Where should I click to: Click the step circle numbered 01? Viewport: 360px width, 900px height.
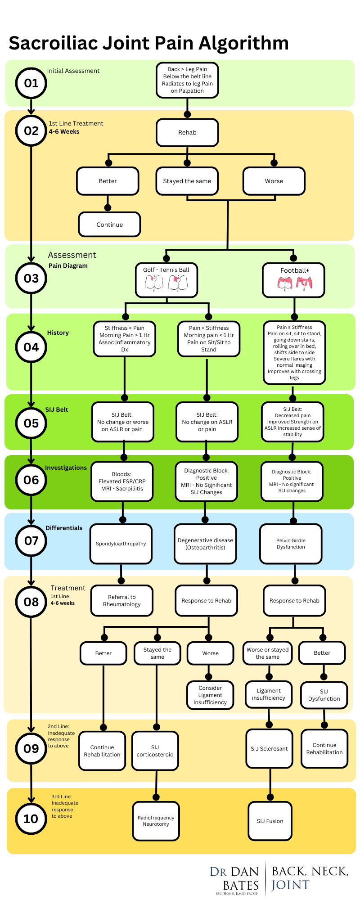(31, 83)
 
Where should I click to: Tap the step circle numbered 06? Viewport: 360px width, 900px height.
(31, 480)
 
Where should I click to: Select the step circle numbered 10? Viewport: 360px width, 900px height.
(31, 819)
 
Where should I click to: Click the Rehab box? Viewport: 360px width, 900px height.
(187, 132)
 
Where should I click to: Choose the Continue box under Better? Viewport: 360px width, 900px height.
(109, 225)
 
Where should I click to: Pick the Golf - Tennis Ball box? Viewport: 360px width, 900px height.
(166, 280)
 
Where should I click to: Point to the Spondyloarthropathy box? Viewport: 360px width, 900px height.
(121, 544)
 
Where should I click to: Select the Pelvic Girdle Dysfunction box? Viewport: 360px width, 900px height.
(291, 544)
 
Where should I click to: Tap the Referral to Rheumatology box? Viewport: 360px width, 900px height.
(121, 601)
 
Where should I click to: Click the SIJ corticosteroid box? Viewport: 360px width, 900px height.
(155, 751)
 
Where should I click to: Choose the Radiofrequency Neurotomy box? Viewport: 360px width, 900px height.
(156, 821)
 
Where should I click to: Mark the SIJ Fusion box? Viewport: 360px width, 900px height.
(270, 821)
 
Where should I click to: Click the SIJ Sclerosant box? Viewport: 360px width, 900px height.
(269, 749)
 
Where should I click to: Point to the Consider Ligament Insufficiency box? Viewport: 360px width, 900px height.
(210, 695)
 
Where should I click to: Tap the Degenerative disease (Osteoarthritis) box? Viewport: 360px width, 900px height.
(205, 544)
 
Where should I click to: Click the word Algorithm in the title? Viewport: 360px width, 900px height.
(243, 44)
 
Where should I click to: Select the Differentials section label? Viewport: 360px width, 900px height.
(64, 528)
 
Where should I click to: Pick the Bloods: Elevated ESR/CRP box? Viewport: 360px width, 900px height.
(122, 481)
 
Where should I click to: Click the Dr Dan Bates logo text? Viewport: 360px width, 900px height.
(235, 878)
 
